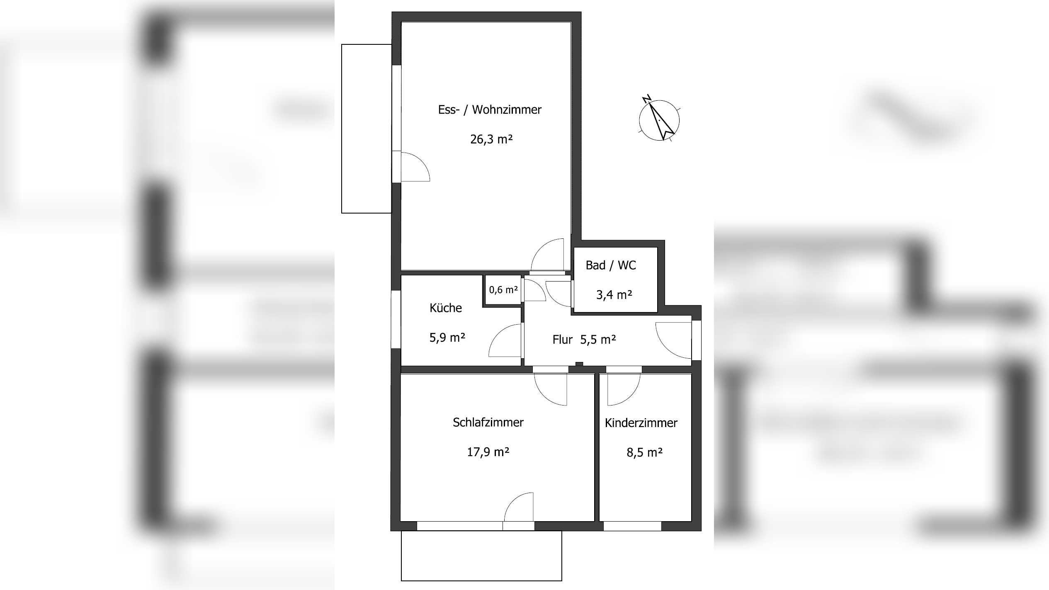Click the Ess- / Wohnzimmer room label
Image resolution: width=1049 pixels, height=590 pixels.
pos(490,110)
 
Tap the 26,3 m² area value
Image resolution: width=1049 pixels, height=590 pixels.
pos(491,139)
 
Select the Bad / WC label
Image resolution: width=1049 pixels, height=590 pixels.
pos(610,265)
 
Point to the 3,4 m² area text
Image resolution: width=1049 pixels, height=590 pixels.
pos(614,295)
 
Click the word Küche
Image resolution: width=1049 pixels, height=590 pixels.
pos(446,308)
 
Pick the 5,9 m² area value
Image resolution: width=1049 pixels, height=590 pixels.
pos(447,337)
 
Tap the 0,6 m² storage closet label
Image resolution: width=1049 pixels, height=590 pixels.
pos(503,290)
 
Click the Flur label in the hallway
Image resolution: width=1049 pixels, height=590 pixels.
pos(562,340)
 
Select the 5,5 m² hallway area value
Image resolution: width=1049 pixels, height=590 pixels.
pos(598,340)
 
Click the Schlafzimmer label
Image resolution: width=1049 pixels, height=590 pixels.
pos(488,422)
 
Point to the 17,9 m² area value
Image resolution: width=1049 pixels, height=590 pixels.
pos(488,452)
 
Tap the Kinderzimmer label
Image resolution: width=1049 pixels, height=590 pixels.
pos(641,423)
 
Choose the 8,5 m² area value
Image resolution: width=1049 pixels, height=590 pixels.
pos(644,452)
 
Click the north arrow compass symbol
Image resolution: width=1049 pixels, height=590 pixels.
pos(659,119)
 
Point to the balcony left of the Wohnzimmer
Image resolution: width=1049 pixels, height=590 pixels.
pos(367,129)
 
